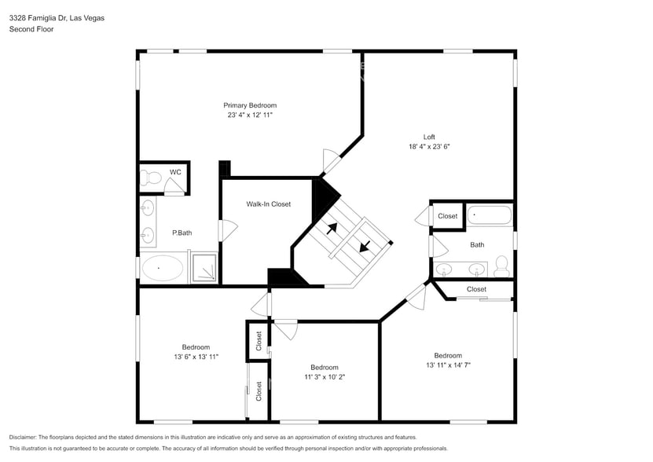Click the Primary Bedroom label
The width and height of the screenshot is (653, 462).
click(x=250, y=105)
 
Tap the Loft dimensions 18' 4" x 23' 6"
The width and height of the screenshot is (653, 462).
click(x=428, y=146)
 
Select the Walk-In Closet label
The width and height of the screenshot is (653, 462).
click(x=268, y=204)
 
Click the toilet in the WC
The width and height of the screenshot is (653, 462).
click(x=150, y=179)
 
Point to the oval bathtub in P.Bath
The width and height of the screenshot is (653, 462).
click(x=162, y=269)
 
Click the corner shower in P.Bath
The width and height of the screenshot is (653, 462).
click(x=205, y=267)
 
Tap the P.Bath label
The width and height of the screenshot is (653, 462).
click(x=182, y=233)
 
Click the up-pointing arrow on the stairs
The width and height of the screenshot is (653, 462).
click(x=332, y=229)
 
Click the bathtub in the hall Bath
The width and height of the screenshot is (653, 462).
click(x=490, y=214)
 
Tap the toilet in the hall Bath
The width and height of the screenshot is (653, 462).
click(x=501, y=266)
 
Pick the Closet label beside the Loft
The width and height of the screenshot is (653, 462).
click(x=447, y=216)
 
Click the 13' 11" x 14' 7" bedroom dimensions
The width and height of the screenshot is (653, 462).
click(x=448, y=365)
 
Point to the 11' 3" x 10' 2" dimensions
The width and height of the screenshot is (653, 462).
click(x=324, y=376)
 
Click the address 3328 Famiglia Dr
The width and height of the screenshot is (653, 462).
click(x=39, y=17)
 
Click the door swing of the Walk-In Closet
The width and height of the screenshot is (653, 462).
click(x=229, y=230)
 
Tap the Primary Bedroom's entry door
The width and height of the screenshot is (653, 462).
click(x=332, y=160)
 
